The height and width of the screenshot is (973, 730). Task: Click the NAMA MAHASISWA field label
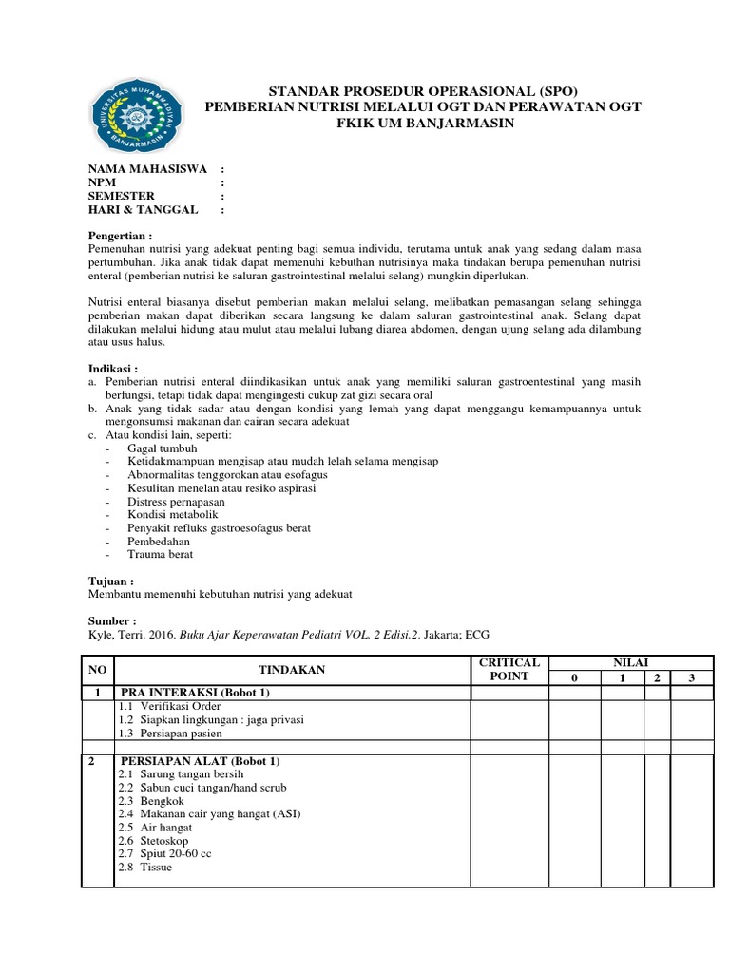pyautogui.click(x=148, y=169)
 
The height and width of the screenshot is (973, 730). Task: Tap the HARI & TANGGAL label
pyautogui.click(x=144, y=209)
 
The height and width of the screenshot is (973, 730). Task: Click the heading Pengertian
pyautogui.click(x=121, y=236)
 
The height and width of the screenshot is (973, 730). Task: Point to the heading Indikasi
pyautogui.click(x=113, y=368)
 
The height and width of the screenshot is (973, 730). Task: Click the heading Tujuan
pyautogui.click(x=111, y=580)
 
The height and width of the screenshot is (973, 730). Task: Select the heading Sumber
pyautogui.click(x=112, y=620)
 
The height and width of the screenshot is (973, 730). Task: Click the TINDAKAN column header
pyautogui.click(x=292, y=670)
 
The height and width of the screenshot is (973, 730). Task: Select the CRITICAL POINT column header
pyautogui.click(x=509, y=669)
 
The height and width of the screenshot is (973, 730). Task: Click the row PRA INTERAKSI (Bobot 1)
pyautogui.click(x=194, y=693)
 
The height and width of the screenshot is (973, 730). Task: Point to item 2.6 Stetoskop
pyautogui.click(x=154, y=840)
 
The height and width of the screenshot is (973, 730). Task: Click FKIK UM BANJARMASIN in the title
pyautogui.click(x=423, y=124)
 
